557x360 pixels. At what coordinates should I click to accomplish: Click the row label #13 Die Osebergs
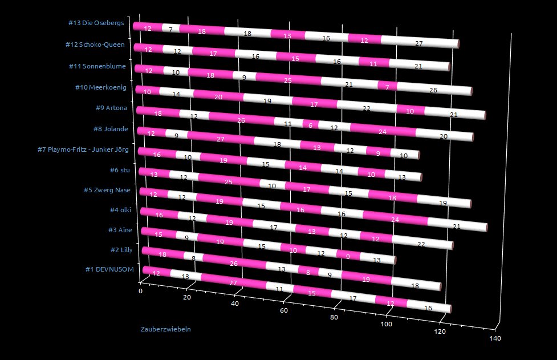point(95,23)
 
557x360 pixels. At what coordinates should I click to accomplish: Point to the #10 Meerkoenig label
point(100,87)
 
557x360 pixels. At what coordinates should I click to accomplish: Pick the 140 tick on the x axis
point(495,338)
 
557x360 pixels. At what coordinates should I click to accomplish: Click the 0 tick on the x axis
point(141,290)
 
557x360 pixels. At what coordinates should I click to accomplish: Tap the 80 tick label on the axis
point(334,317)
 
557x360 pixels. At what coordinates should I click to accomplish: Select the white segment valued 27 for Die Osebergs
point(419,42)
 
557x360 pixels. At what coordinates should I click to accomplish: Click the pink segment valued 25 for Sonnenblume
point(288,79)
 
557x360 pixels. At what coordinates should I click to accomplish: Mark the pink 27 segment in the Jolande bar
point(220,139)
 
